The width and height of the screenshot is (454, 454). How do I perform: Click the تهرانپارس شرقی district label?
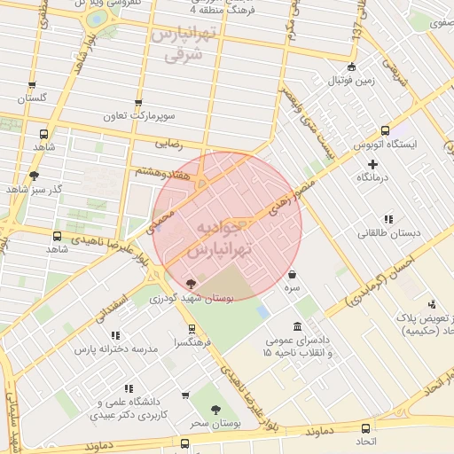[184, 44]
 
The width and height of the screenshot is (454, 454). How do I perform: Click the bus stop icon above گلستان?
[33, 86]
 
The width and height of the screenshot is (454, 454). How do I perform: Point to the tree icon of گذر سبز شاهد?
[34, 176]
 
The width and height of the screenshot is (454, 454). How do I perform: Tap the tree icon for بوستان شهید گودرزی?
[192, 284]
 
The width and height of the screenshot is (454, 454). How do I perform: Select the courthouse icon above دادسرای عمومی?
[295, 325]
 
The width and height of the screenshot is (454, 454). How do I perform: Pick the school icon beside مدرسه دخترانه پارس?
[115, 336]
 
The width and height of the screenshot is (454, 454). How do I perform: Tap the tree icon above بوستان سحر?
[215, 410]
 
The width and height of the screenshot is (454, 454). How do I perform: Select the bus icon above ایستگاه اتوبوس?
[384, 129]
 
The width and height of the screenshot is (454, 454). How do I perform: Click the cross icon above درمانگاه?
[372, 164]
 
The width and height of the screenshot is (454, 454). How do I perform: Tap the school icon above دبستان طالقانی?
[387, 219]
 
